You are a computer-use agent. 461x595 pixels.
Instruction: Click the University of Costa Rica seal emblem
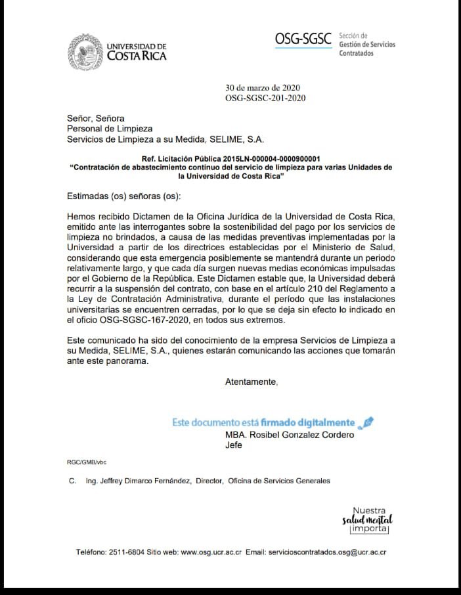pyautogui.click(x=86, y=51)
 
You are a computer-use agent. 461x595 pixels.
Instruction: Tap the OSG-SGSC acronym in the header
pyautogui.click(x=303, y=39)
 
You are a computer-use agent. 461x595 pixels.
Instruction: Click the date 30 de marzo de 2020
pyautogui.click(x=263, y=87)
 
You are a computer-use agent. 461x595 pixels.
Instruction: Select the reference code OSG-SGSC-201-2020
pyautogui.click(x=265, y=98)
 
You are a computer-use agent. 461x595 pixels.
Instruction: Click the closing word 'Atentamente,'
pyautogui.click(x=252, y=382)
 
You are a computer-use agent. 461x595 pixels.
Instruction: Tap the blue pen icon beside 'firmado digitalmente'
pyautogui.click(x=368, y=422)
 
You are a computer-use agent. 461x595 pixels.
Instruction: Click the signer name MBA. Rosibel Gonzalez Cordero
pyautogui.click(x=289, y=435)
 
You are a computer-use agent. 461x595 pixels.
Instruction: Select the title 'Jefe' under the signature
pyautogui.click(x=234, y=445)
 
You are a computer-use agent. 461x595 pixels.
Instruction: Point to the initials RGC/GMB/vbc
pyautogui.click(x=87, y=462)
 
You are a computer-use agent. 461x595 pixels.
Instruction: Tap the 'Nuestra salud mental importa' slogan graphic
pyautogui.click(x=368, y=520)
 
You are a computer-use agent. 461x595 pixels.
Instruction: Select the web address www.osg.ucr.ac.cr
pyautogui.click(x=211, y=552)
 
